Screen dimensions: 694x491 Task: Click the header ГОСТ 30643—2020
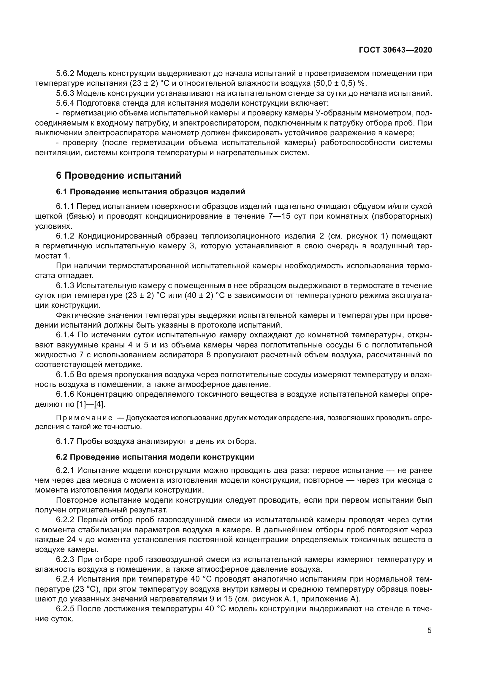pos(395,50)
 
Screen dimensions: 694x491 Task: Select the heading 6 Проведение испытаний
pos(118,175)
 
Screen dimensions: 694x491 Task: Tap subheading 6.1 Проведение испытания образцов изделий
pos(150,192)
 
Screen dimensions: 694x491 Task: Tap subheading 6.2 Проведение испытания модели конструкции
pos(155,457)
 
